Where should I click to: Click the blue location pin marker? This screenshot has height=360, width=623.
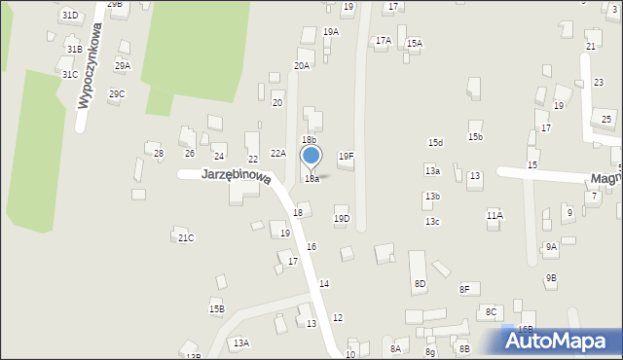[x=311, y=157]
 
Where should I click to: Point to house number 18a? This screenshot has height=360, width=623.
[x=311, y=179]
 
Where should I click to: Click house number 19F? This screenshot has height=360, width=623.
[x=346, y=156]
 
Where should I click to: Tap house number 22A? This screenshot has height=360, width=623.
[x=277, y=153]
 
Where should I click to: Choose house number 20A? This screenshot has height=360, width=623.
[x=302, y=66]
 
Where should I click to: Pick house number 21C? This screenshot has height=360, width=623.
[x=185, y=237]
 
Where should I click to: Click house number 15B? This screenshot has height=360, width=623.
[x=216, y=308]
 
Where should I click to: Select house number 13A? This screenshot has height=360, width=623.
[x=240, y=342]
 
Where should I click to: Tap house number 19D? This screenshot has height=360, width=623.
[x=342, y=218]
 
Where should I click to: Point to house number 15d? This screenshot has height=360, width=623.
[x=435, y=143]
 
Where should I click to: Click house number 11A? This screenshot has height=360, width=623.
[x=495, y=215]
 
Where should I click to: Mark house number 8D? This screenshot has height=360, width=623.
[x=420, y=284]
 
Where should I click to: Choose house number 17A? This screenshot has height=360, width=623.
[x=384, y=41]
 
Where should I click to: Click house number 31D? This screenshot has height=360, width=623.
[x=69, y=16]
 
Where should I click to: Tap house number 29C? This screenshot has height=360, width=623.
[x=117, y=93]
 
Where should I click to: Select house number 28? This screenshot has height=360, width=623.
[x=159, y=154]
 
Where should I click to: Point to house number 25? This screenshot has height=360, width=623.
[x=606, y=119]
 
